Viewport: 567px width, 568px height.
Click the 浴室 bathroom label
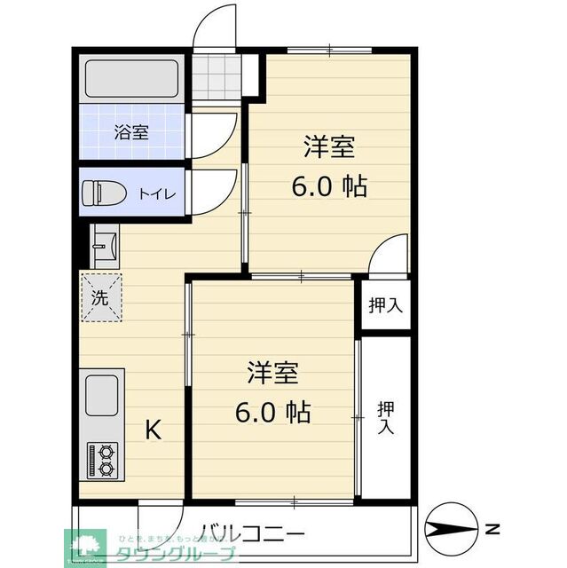(x=132, y=133)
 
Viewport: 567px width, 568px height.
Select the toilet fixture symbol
(x=100, y=193)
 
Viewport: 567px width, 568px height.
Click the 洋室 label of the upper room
(x=330, y=146)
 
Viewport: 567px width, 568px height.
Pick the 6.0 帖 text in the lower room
(x=272, y=413)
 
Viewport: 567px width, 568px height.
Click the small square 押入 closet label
(x=386, y=305)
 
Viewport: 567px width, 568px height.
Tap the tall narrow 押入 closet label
(x=386, y=417)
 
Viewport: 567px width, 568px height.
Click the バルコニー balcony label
(x=252, y=534)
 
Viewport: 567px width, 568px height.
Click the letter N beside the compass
(x=491, y=530)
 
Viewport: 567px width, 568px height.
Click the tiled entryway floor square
(x=218, y=77)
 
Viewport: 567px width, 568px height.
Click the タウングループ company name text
(x=177, y=555)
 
